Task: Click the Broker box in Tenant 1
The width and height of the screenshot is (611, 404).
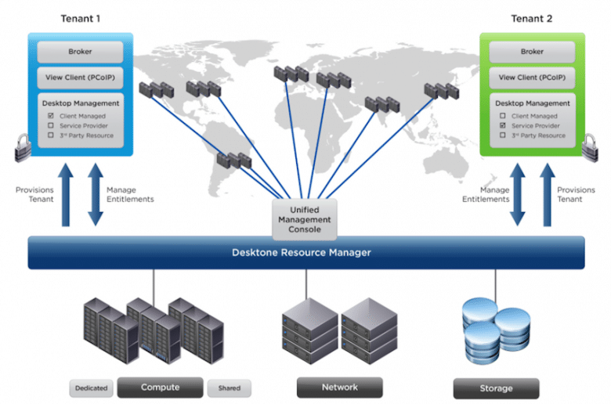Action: coord(80,52)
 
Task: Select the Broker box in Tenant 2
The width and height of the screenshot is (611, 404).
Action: coord(532,52)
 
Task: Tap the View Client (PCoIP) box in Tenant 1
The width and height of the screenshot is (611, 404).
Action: coord(80,78)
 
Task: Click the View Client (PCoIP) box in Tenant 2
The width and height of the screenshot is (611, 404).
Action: coord(532,78)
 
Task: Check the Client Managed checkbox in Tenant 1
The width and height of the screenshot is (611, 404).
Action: coord(51,116)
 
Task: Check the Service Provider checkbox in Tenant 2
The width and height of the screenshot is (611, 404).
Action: coord(503,125)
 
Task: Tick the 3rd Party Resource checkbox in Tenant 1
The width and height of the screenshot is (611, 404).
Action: coord(51,135)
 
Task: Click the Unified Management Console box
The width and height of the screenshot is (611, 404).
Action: coord(305,219)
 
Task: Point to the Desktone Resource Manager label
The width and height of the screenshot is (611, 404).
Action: coord(302,252)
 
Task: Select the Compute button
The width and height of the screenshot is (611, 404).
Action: coord(160,388)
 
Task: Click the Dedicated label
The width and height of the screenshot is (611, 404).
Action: coord(91,388)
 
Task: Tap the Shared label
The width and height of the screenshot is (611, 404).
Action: coord(229,388)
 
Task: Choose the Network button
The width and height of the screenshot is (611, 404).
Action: coord(340,388)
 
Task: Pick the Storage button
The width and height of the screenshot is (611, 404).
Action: coord(496,388)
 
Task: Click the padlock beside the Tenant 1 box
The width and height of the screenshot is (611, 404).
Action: coord(23,148)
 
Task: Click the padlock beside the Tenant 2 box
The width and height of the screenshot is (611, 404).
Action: coord(590,148)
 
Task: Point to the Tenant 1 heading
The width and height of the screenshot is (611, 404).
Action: coord(80,19)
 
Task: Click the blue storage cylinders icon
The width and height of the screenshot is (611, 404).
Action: coord(496,330)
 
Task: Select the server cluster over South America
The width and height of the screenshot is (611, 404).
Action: coord(233,161)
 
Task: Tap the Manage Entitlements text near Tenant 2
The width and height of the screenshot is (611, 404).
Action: coord(486,194)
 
